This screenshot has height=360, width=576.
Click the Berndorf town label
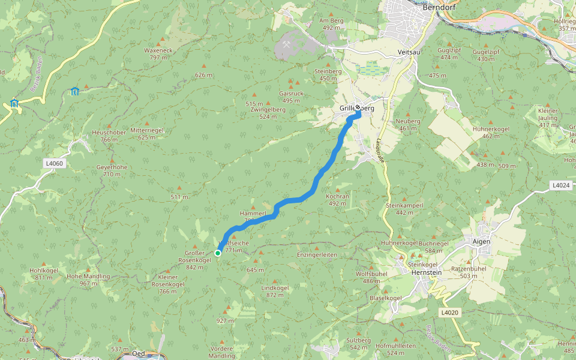[436, 8]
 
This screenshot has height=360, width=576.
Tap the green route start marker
[218, 253]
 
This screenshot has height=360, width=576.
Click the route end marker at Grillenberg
[358, 109]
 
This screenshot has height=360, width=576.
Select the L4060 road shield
[53, 163]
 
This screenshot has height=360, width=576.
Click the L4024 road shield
[560, 185]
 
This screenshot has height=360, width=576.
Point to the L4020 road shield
[449, 313]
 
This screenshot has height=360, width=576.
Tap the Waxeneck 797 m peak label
[158, 54]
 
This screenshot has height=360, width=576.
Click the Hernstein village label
[427, 272]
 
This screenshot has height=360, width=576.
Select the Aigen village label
[481, 241]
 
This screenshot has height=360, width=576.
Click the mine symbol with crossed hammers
[287, 44]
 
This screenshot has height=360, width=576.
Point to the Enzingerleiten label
[317, 255]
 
